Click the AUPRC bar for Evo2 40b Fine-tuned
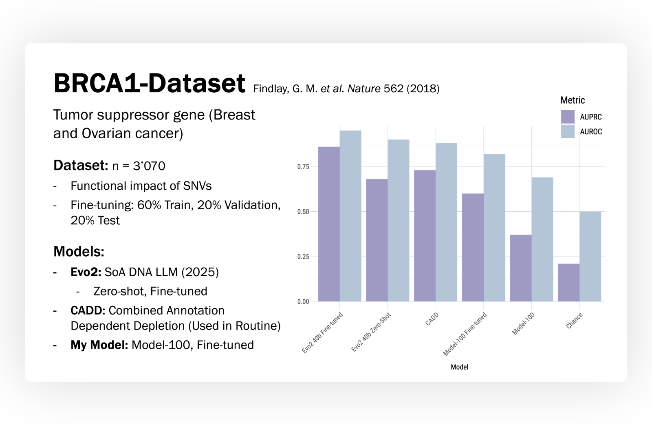329,224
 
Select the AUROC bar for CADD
446,222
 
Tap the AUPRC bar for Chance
568,283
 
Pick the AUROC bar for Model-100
542,239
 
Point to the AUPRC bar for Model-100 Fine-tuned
473,248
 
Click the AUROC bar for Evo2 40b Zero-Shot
398,221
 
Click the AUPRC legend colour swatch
568,117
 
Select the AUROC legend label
591,132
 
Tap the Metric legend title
573,100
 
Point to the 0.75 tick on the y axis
303,167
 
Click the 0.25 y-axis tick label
303,257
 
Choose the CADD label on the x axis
432,319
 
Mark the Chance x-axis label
574,321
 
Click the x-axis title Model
459,367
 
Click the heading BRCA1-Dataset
149,84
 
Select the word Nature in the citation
364,89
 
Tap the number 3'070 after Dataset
149,166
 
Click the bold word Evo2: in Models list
86,272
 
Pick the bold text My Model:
99,345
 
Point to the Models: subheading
79,252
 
